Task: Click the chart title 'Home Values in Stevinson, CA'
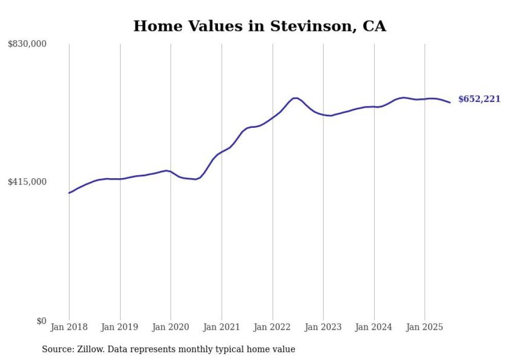point(260,26)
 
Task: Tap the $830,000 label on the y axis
point(27,44)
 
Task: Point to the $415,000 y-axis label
point(27,182)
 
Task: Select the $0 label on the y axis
point(41,321)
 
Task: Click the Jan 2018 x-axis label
point(69,327)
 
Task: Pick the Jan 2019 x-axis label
point(120,327)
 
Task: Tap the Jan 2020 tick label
point(171,327)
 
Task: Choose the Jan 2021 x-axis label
point(222,327)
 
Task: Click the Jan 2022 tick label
point(273,327)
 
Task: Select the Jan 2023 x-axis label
point(323,327)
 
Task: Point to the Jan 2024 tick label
point(374,327)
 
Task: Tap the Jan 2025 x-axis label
point(425,327)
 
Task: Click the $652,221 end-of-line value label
point(479,99)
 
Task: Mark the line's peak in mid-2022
point(295,98)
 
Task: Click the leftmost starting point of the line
point(69,193)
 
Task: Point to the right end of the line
point(450,102)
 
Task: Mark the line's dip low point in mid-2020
point(195,179)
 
